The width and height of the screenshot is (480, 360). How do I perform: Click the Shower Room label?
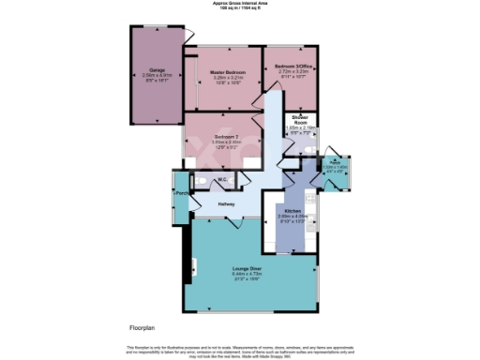point(300,119)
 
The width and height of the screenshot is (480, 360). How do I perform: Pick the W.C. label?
point(222,179)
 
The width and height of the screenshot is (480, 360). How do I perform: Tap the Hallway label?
point(226,203)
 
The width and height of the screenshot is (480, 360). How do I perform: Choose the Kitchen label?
point(292,211)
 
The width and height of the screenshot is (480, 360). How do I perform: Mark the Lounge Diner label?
point(247,268)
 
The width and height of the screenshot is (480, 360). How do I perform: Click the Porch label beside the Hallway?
point(181,194)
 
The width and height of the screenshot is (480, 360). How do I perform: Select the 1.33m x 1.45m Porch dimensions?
point(335,168)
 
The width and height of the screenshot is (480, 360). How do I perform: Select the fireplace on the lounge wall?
point(192,265)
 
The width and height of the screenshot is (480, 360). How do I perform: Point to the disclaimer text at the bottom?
point(239,349)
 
